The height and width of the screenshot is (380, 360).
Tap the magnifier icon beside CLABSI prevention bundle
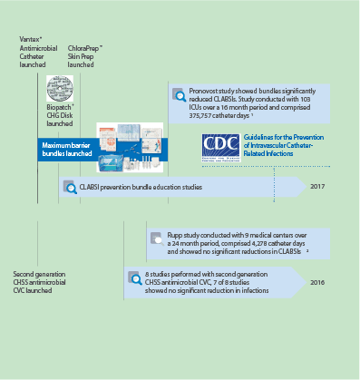(69, 188)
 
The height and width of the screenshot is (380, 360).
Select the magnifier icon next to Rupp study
(158, 240)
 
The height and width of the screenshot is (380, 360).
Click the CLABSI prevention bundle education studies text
(141, 188)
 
